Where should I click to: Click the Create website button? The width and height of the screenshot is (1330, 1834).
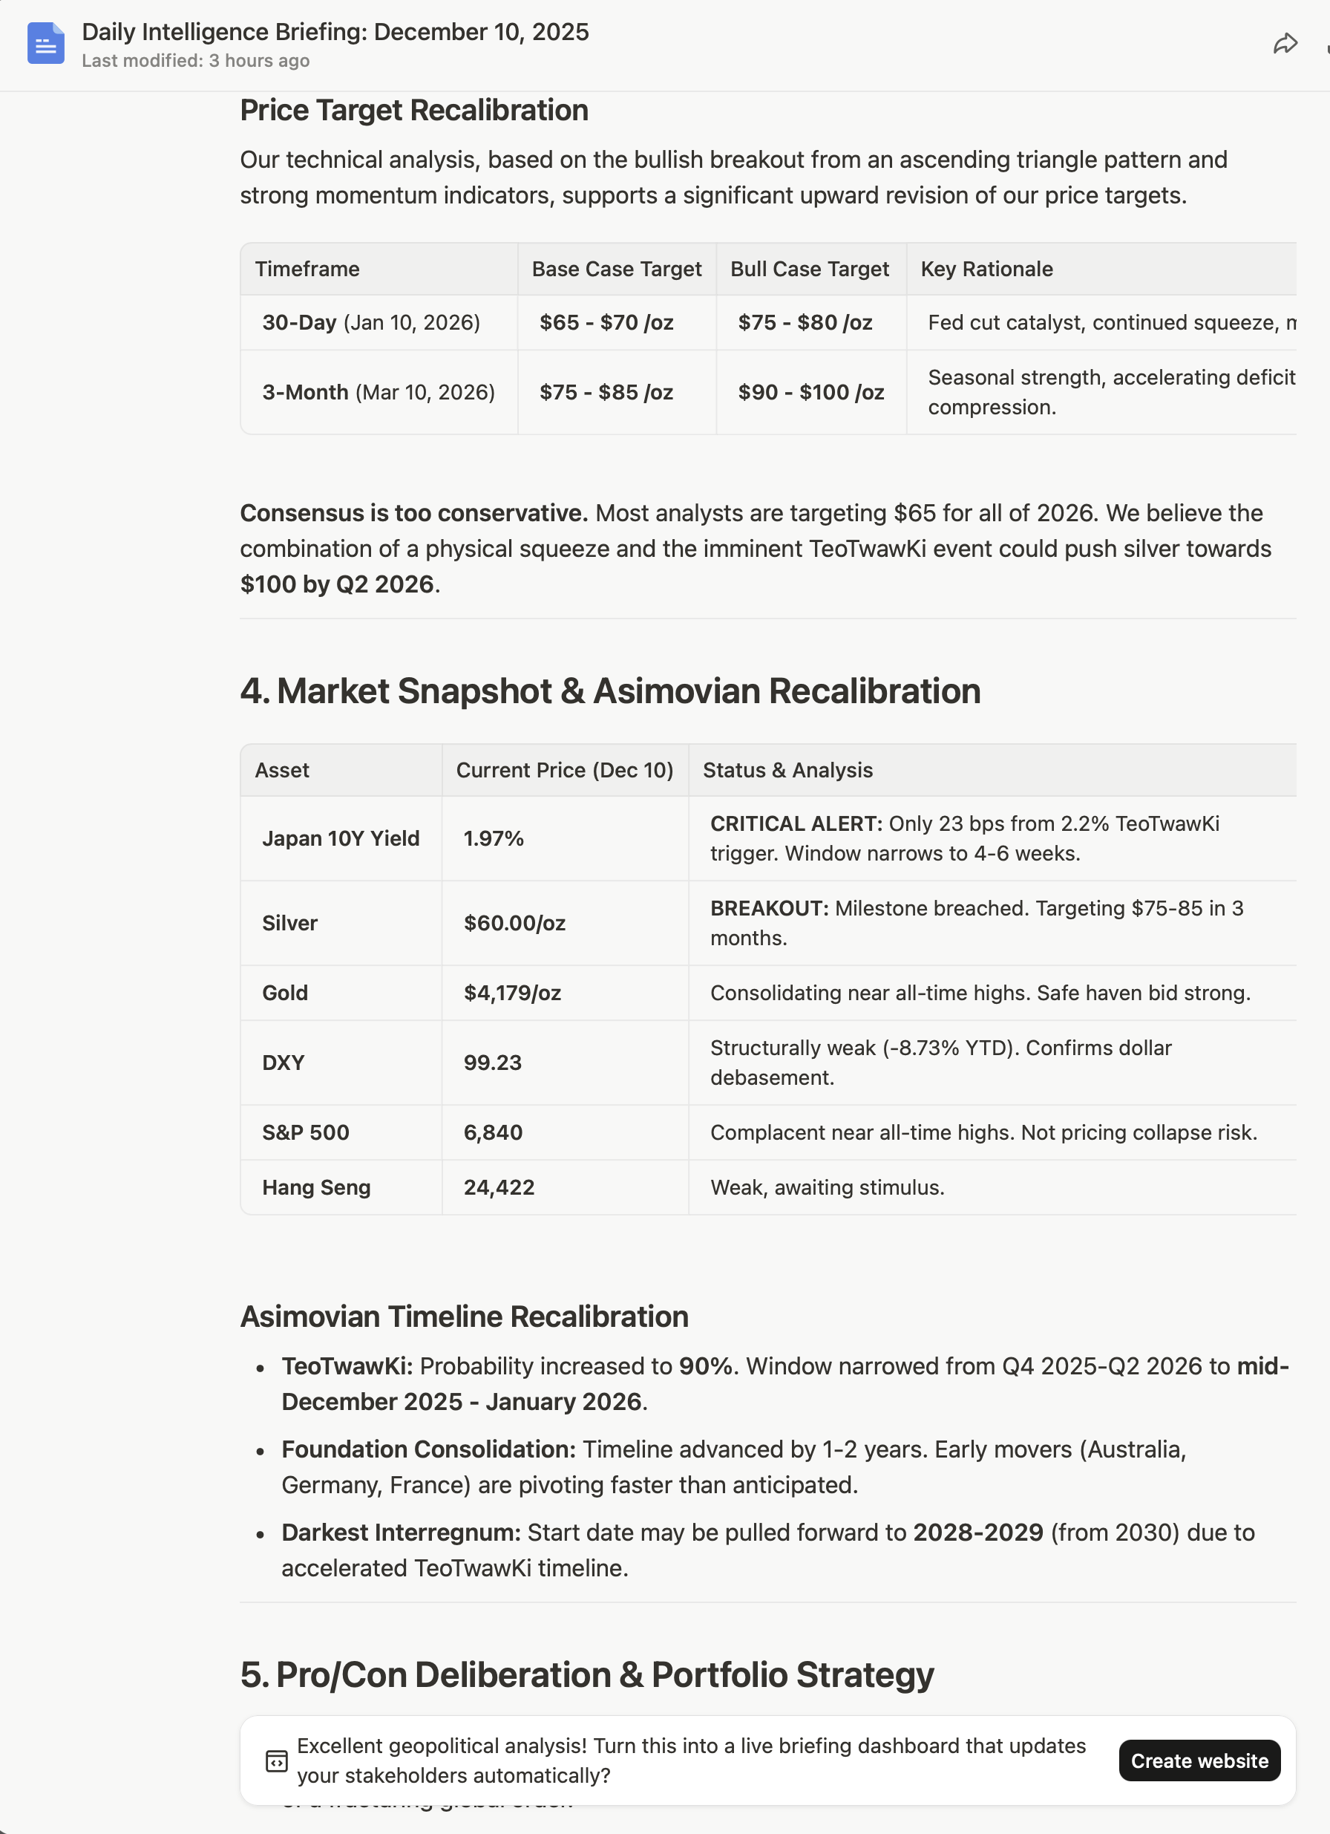[1199, 1760]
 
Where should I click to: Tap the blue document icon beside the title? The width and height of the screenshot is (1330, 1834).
[45, 44]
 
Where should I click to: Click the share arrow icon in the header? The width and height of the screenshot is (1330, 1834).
[1285, 44]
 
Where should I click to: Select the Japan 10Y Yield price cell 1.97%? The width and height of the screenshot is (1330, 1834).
[494, 838]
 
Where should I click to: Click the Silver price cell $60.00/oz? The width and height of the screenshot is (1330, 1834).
[514, 923]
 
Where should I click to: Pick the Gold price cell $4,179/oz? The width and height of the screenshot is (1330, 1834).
[512, 993]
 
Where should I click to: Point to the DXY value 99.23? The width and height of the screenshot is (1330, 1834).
[492, 1063]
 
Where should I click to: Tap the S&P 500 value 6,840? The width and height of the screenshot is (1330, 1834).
[492, 1132]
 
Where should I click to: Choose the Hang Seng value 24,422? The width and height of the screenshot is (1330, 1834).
[499, 1187]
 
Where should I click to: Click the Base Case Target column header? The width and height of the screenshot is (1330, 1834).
[616, 270]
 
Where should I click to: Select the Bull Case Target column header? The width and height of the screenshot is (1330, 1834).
[809, 270]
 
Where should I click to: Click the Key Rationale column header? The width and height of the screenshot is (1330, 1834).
[986, 270]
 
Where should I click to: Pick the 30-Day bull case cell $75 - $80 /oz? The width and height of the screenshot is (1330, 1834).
[805, 323]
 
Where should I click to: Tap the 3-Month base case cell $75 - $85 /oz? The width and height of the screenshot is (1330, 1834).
[606, 392]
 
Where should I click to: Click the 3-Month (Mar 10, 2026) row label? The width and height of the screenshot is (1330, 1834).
[379, 392]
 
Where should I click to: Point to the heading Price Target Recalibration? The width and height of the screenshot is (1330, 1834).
[414, 111]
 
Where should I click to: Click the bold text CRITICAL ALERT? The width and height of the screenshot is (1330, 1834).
[796, 824]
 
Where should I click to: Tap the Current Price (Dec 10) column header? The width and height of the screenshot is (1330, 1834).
[564, 771]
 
